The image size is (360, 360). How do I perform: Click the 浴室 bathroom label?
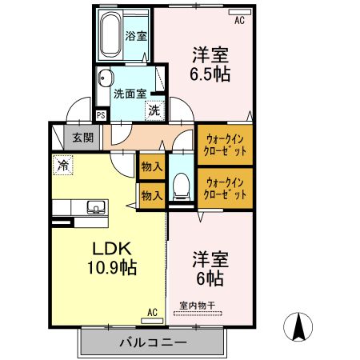(x=137, y=36)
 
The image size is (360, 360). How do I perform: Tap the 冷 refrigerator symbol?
(x=62, y=166)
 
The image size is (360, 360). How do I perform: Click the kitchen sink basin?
(x=95, y=209)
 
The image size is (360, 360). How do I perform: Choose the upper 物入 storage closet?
(x=151, y=166)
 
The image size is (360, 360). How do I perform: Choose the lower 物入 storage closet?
(x=151, y=194)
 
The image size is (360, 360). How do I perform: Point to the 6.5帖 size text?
(x=210, y=74)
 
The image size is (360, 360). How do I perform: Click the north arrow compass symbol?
(x=299, y=326)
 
